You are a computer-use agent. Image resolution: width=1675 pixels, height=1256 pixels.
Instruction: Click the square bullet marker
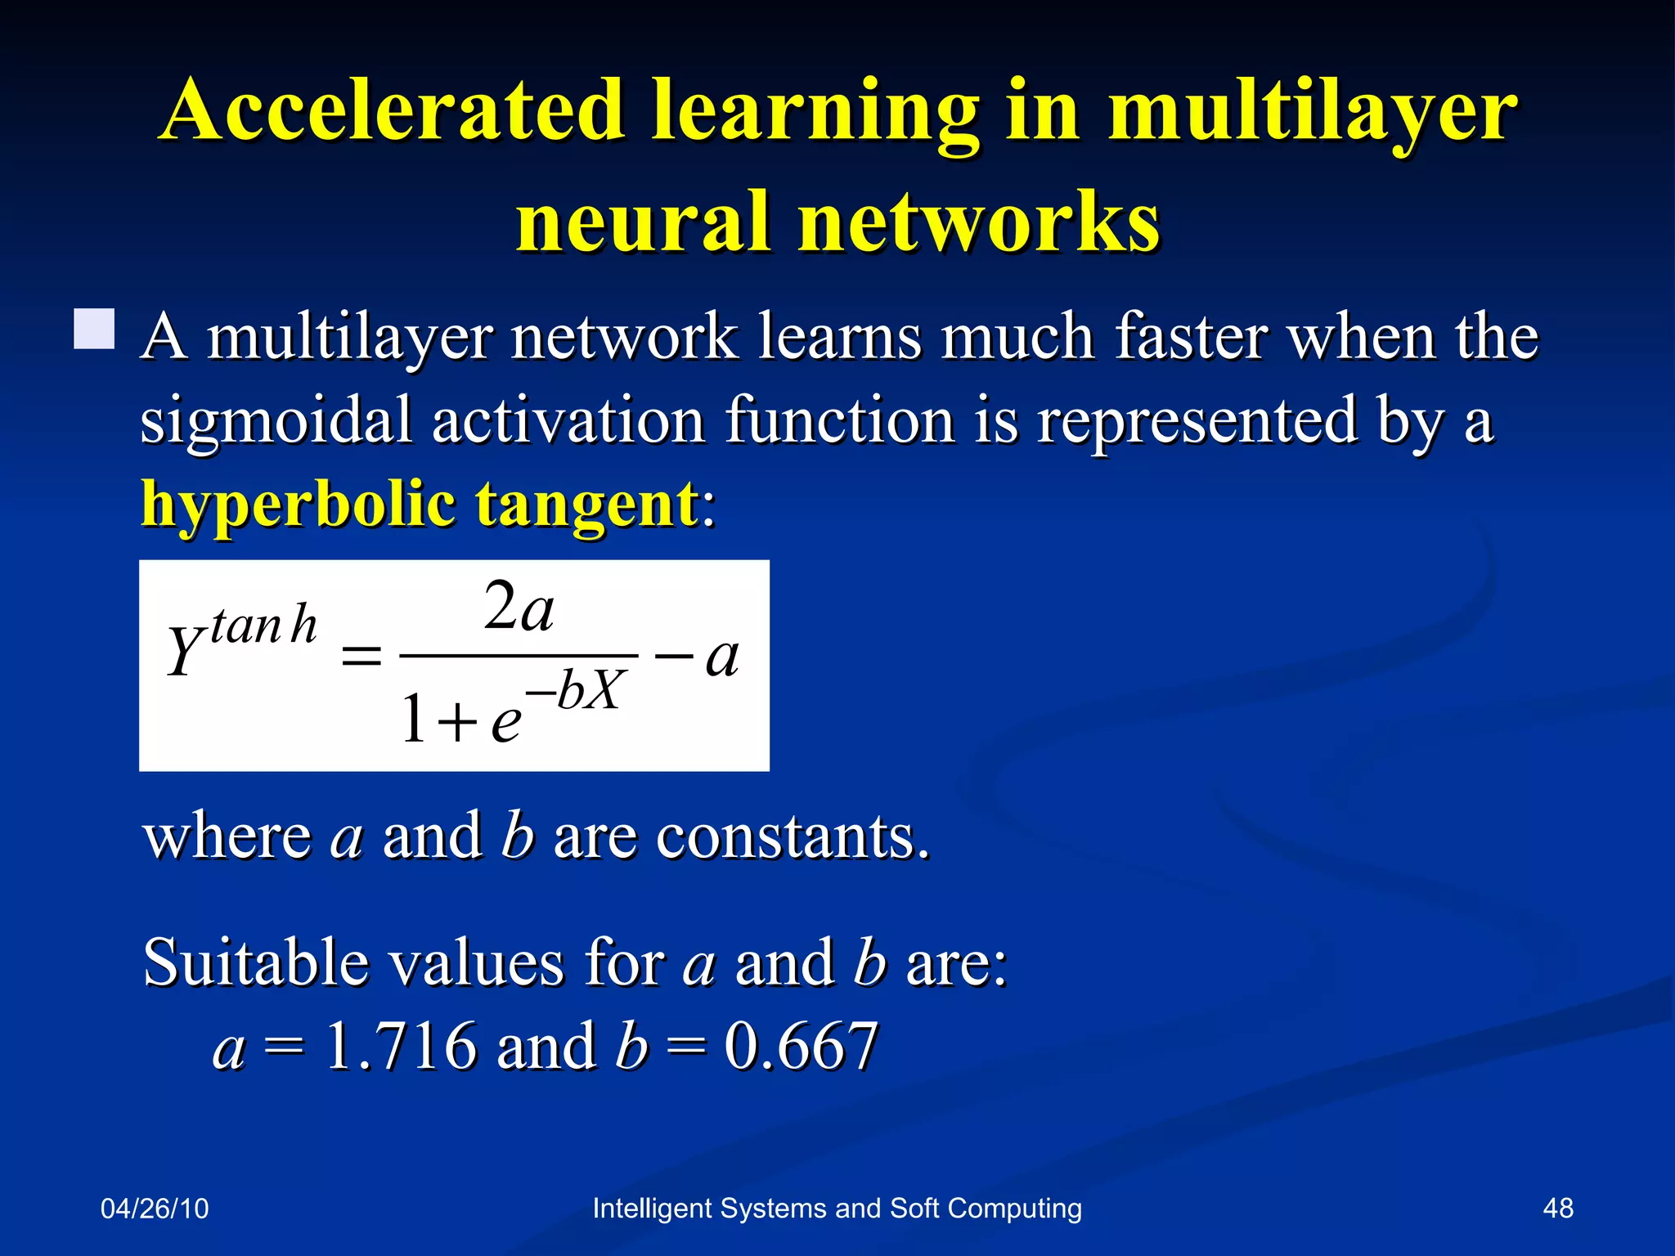point(94,330)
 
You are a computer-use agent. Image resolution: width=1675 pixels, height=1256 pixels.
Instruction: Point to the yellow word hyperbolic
point(299,505)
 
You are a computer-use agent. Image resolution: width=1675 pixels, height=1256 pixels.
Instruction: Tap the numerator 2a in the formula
point(519,608)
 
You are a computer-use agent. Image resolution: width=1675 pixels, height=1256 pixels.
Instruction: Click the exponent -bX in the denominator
point(577,691)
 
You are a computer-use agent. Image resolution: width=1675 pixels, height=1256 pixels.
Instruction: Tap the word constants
point(793,837)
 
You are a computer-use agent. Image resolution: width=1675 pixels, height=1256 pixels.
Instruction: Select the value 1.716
point(401,1047)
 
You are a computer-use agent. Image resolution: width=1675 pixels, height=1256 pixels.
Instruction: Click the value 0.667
point(801,1047)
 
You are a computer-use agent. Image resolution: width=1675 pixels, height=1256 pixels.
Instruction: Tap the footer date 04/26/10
point(155,1209)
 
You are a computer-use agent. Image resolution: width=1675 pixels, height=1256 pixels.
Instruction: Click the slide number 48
point(1557,1209)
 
